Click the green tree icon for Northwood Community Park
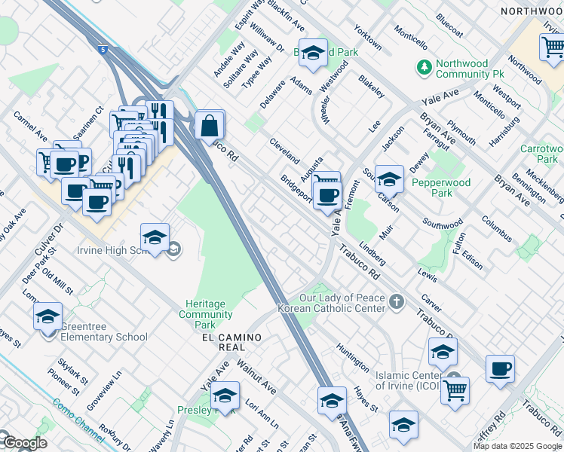click(x=425, y=69)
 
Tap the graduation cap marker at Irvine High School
click(x=155, y=238)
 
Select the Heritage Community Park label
click(x=205, y=314)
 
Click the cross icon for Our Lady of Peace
click(x=397, y=302)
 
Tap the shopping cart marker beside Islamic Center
click(x=455, y=390)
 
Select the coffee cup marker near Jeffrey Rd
click(x=500, y=369)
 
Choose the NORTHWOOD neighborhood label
click(x=532, y=12)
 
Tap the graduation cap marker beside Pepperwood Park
click(x=389, y=179)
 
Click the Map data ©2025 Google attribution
click(x=517, y=446)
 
